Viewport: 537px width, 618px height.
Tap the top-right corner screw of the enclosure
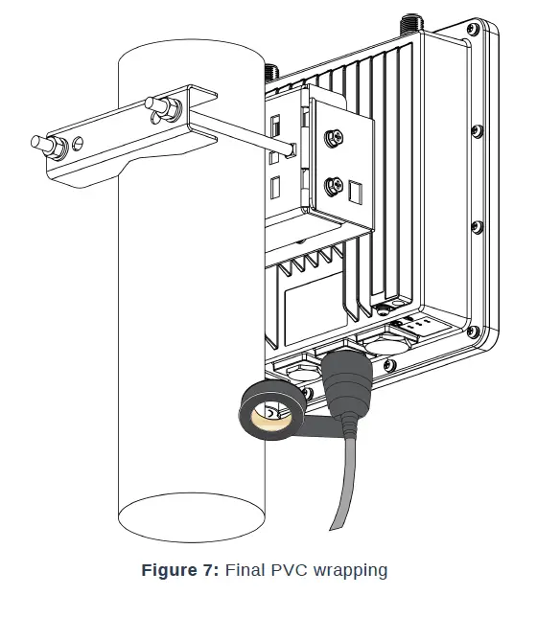point(471,32)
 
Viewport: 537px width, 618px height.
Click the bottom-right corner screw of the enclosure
point(473,332)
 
